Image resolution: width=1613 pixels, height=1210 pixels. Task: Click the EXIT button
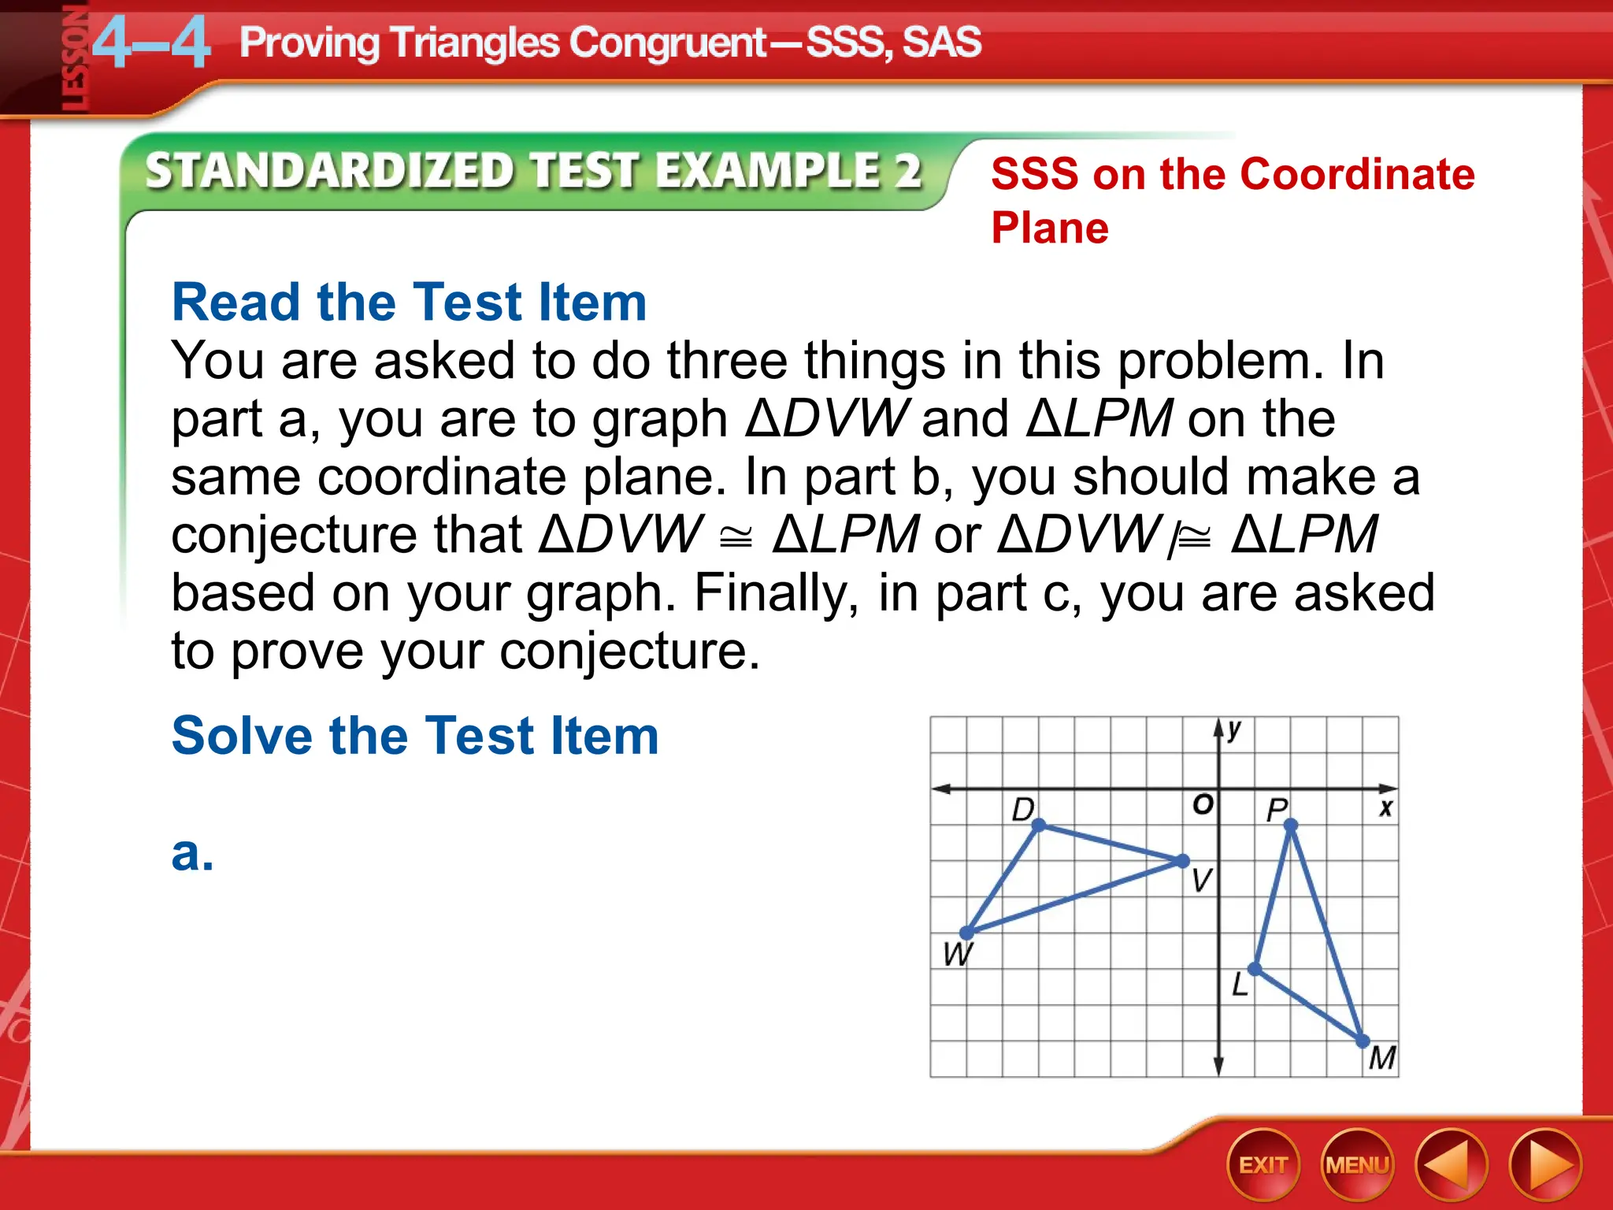coord(1263,1165)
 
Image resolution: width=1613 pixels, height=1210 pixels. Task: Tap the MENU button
coord(1357,1165)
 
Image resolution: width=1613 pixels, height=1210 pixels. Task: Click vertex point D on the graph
coord(1038,825)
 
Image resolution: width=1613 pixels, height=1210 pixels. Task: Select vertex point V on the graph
coord(1182,861)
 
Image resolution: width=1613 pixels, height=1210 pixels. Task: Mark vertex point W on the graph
coord(967,933)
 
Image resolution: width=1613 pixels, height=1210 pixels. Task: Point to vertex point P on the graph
coord(1290,825)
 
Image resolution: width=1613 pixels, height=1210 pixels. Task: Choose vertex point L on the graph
coord(1255,969)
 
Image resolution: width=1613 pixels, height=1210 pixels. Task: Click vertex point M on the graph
coord(1363,1041)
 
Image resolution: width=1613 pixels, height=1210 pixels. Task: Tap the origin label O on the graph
coord(1203,804)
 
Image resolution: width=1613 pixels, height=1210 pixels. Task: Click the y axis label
coord(1234,729)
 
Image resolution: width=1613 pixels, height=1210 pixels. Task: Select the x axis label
coord(1385,807)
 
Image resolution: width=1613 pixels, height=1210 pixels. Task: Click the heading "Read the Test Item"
coord(409,302)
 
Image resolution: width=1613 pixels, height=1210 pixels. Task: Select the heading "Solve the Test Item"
coord(415,736)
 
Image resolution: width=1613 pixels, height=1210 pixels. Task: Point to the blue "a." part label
coord(192,853)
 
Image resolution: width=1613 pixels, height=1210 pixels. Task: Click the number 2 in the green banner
coord(908,171)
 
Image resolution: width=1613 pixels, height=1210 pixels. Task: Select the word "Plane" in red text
coord(1050,228)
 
